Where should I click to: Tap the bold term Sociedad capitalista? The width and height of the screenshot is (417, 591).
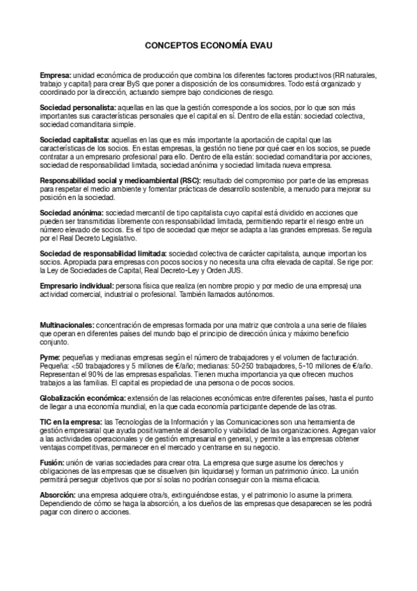point(75,140)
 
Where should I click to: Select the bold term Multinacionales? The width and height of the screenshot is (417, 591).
point(67,325)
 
